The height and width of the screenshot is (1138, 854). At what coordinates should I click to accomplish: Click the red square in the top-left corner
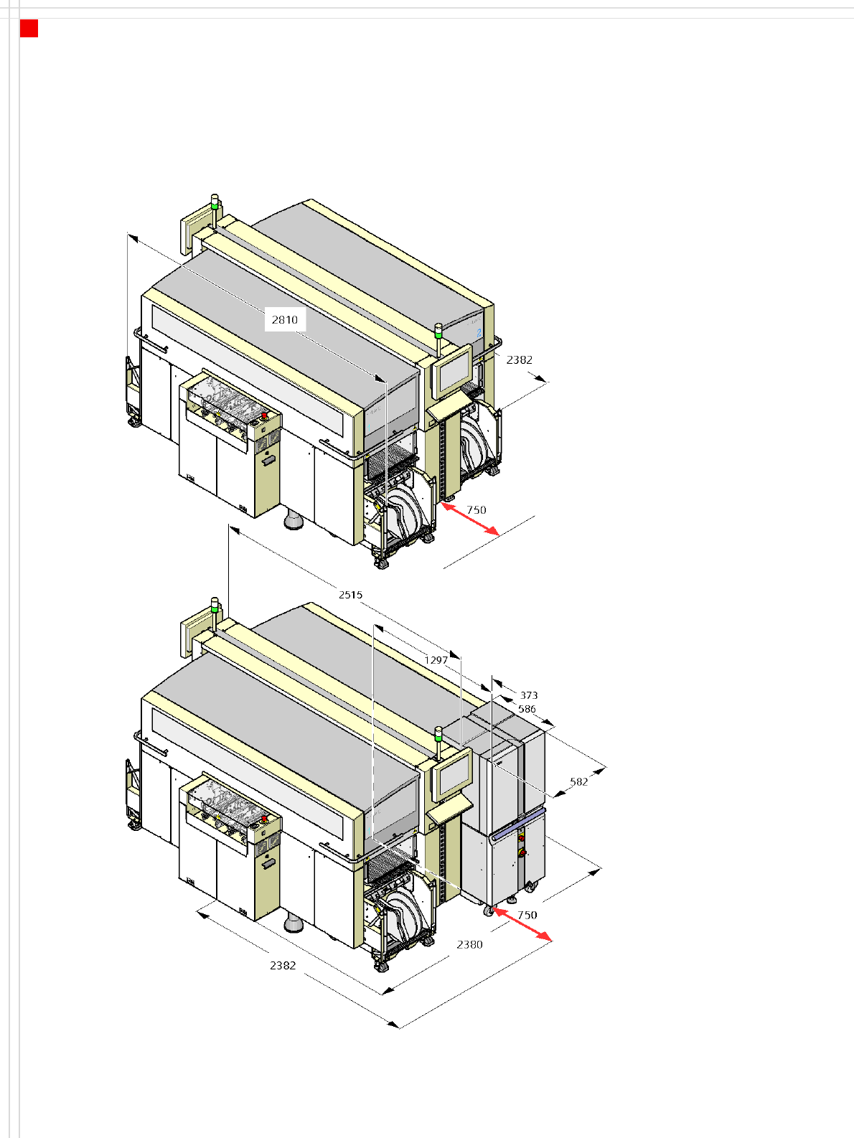[29, 29]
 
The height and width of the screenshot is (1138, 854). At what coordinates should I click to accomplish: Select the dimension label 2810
[285, 320]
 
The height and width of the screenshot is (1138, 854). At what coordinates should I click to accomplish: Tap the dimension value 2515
[350, 595]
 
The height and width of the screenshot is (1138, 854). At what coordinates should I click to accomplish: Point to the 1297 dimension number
[436, 660]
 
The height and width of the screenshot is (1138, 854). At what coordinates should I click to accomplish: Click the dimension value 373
[529, 695]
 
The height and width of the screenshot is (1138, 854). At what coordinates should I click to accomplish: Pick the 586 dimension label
[527, 709]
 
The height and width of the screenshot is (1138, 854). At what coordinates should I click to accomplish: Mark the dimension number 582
[579, 782]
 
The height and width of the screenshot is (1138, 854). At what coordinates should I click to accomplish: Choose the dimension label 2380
[470, 944]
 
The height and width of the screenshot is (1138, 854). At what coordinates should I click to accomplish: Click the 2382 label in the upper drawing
[520, 359]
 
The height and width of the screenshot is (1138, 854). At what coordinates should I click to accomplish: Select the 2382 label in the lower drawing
[283, 965]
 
